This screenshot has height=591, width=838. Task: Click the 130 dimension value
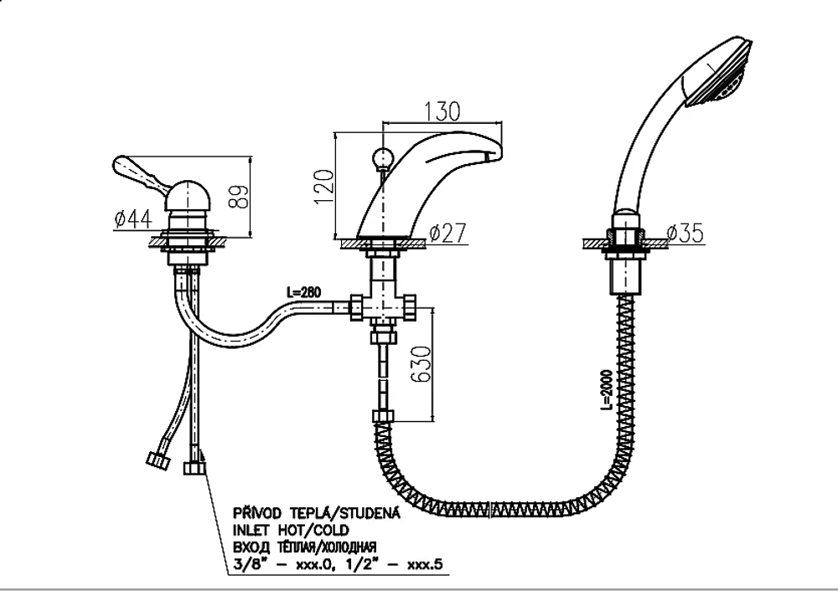(442, 110)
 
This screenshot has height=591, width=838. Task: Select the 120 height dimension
(323, 187)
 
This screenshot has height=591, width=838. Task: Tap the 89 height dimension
(241, 197)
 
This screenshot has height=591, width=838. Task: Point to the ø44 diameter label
(133, 218)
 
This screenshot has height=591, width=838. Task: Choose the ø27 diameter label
(447, 233)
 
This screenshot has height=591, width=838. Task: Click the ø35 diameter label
(685, 233)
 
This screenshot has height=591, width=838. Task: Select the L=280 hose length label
(303, 292)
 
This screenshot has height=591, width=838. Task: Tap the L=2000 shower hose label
(606, 390)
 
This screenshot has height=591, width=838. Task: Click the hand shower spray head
(719, 73)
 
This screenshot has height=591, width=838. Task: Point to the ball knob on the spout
(383, 157)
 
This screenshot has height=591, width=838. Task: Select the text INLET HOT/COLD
(291, 530)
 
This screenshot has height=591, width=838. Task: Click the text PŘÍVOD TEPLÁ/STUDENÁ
(317, 512)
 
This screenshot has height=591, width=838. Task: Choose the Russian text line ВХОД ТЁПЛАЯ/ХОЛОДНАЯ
(305, 547)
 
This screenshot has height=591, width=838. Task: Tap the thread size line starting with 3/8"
(338, 564)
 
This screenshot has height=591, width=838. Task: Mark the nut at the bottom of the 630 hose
(383, 416)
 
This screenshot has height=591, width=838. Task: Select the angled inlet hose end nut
(158, 460)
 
